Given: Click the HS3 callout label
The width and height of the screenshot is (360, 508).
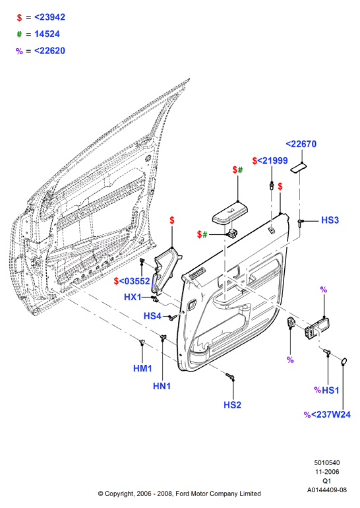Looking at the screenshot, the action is [x=330, y=220].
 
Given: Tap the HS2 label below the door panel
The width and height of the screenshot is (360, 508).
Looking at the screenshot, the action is [x=233, y=404].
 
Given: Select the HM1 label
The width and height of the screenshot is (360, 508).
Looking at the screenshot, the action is [x=142, y=368].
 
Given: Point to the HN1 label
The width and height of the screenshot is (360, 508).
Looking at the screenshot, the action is [x=162, y=386].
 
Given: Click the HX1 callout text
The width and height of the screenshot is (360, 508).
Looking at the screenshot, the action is [x=133, y=297].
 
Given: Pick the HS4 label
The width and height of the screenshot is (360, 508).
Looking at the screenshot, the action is [x=152, y=315].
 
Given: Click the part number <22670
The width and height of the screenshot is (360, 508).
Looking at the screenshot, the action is [x=301, y=144].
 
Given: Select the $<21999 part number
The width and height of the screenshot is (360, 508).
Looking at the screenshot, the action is [x=270, y=161].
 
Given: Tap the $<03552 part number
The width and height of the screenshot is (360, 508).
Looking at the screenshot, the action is [x=132, y=281].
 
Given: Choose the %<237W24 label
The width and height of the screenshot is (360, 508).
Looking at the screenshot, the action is [x=327, y=414].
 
